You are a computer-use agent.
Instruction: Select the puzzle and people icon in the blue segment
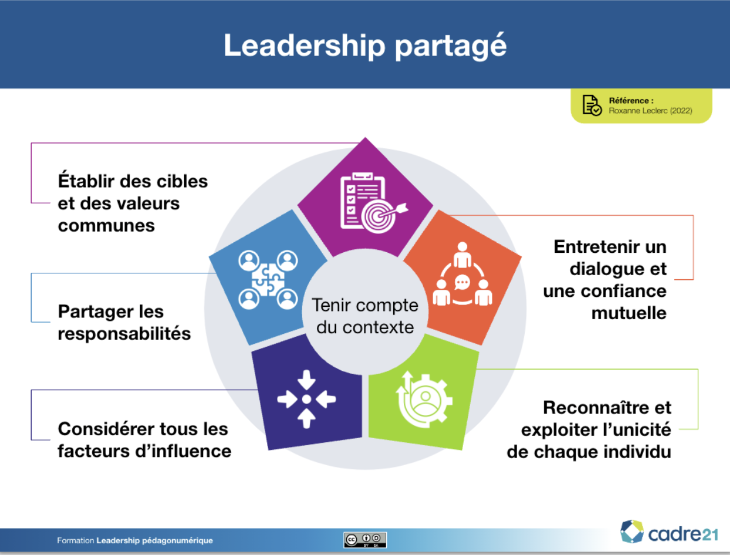tap(268, 280)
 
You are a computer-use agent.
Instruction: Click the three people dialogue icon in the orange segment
tap(463, 274)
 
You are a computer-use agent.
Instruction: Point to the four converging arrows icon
tap(306, 399)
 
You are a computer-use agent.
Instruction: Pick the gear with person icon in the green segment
tap(424, 399)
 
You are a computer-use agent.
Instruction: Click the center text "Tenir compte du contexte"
tap(365, 316)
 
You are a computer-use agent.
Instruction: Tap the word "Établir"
tap(86, 180)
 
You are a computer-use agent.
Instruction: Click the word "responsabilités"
tap(125, 333)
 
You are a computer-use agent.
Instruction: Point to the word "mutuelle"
tap(629, 313)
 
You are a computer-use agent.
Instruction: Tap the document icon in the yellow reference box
tap(592, 105)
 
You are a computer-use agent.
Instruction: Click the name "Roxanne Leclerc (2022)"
tap(651, 111)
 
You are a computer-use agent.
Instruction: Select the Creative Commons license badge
tap(365, 540)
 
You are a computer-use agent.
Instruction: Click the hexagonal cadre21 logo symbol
tap(632, 531)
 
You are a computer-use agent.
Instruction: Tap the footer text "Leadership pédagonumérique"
tap(155, 541)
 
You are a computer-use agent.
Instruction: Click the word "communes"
tap(106, 225)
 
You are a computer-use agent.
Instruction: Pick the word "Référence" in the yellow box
tap(629, 101)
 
